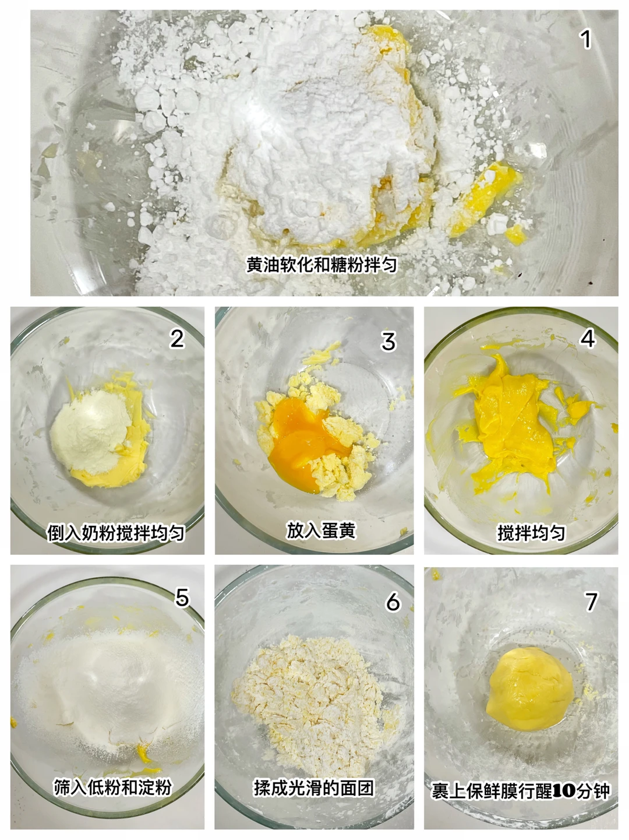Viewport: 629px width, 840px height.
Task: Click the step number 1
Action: click(x=585, y=40)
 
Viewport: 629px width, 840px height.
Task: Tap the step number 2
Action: click(x=177, y=339)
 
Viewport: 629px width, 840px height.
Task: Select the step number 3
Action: click(x=388, y=342)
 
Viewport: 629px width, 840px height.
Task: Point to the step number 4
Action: click(x=588, y=339)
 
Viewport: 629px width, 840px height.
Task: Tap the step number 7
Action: click(x=591, y=602)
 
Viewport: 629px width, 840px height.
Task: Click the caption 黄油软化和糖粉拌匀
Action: click(x=321, y=265)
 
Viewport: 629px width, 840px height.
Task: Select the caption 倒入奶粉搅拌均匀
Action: click(x=116, y=532)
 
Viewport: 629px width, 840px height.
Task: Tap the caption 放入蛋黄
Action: click(x=321, y=530)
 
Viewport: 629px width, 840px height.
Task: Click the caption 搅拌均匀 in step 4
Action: click(x=531, y=532)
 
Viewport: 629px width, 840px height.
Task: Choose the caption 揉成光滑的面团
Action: click(x=313, y=788)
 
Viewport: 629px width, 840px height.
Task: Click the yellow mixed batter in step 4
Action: click(x=514, y=425)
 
